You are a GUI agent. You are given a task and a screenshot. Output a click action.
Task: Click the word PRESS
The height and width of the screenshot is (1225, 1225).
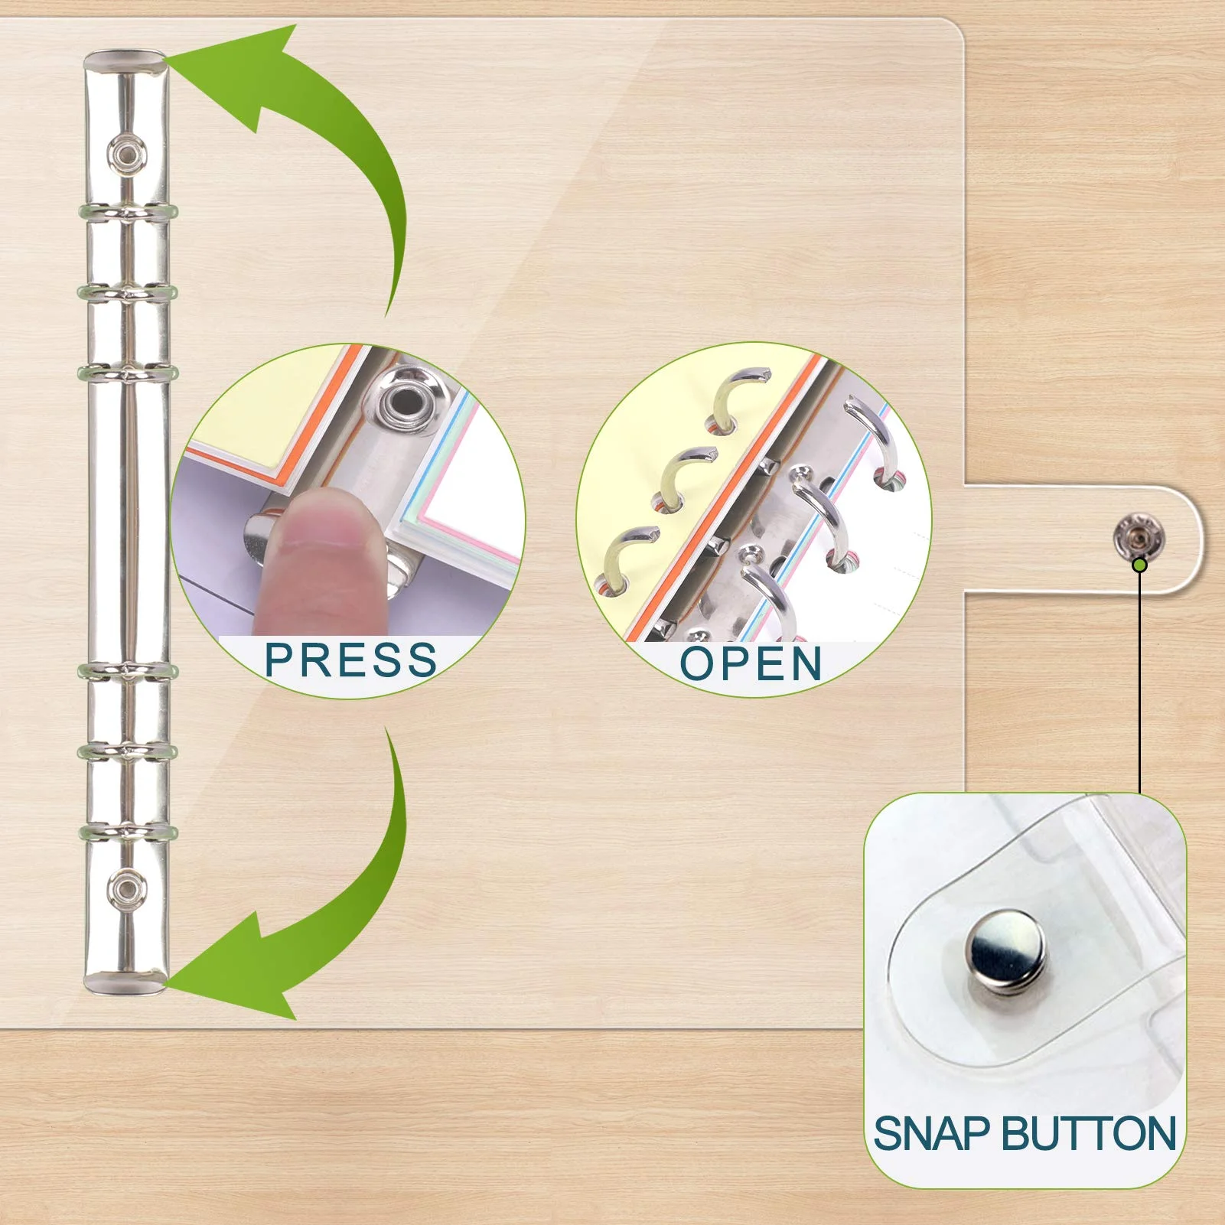[x=350, y=660]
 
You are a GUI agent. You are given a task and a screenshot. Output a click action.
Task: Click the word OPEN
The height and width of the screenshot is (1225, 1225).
[x=751, y=663]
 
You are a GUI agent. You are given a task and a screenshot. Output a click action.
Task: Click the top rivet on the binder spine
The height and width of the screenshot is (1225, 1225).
[x=125, y=155]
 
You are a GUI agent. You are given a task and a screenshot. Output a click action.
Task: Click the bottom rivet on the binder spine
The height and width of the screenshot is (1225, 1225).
[x=125, y=888]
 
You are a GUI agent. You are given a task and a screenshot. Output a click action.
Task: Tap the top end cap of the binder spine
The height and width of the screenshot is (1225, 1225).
[x=125, y=61]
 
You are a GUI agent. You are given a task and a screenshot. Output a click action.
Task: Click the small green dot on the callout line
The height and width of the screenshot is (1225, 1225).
[x=1139, y=565]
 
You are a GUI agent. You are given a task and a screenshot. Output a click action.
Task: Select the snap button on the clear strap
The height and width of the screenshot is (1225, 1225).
[x=1138, y=536]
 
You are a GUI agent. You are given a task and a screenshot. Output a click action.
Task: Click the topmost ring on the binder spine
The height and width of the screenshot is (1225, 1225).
[x=127, y=212]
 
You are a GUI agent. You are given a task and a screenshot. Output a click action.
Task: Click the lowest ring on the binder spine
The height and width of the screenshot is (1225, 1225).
[x=127, y=832]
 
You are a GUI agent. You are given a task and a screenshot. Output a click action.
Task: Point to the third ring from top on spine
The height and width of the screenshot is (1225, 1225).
[x=127, y=373]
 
